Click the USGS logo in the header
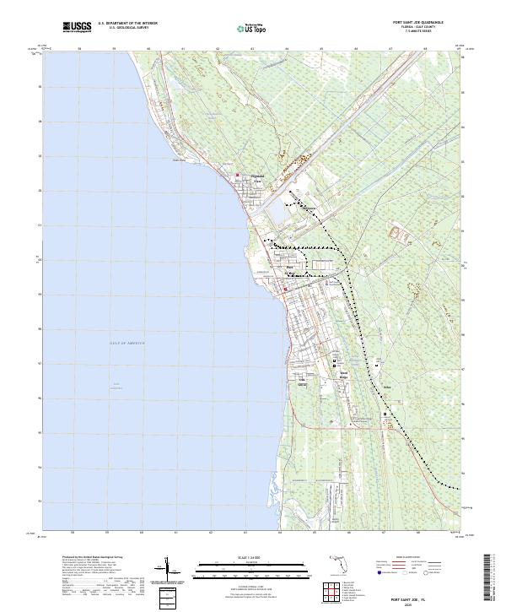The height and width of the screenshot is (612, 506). click(x=78, y=27)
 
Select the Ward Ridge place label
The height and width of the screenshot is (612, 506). click(x=343, y=371)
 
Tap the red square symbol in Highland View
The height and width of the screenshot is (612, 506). click(x=236, y=176)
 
